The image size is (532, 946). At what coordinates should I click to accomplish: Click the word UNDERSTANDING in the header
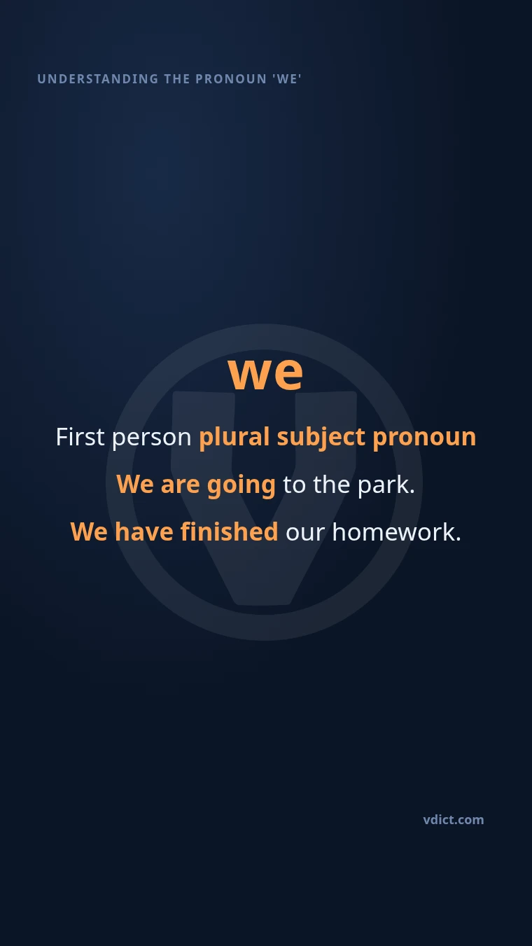98,79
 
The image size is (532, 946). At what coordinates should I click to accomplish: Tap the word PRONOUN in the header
231,79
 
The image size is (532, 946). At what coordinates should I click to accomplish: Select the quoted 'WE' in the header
287,79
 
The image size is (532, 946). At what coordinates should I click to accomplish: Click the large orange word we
265,373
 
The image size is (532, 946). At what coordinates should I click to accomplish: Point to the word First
80,437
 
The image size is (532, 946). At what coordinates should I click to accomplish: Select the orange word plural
234,437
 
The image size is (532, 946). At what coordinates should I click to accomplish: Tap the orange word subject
321,438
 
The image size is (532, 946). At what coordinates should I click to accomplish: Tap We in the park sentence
135,485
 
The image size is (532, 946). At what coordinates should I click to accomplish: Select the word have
144,531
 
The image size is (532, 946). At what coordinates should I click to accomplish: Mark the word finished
230,531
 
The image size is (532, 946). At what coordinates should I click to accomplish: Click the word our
305,534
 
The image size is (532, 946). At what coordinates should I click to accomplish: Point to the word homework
396,531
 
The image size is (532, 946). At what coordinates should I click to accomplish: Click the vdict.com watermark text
454,820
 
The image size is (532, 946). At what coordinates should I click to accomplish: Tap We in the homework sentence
89,531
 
